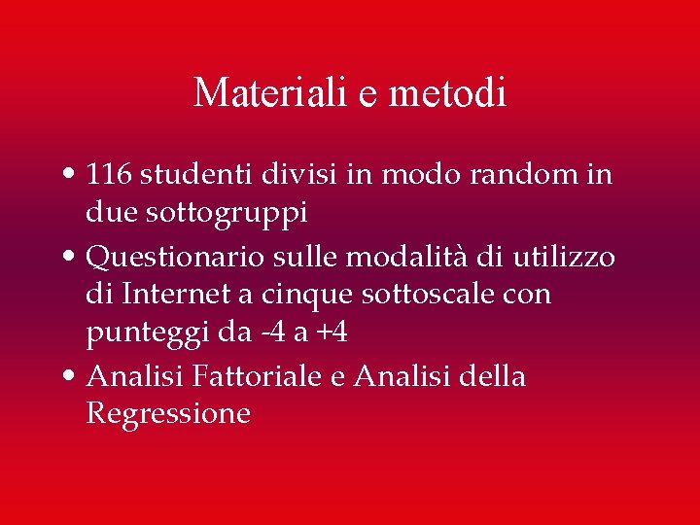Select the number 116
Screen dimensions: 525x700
click(x=110, y=175)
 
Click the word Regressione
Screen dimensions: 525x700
click(x=168, y=413)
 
